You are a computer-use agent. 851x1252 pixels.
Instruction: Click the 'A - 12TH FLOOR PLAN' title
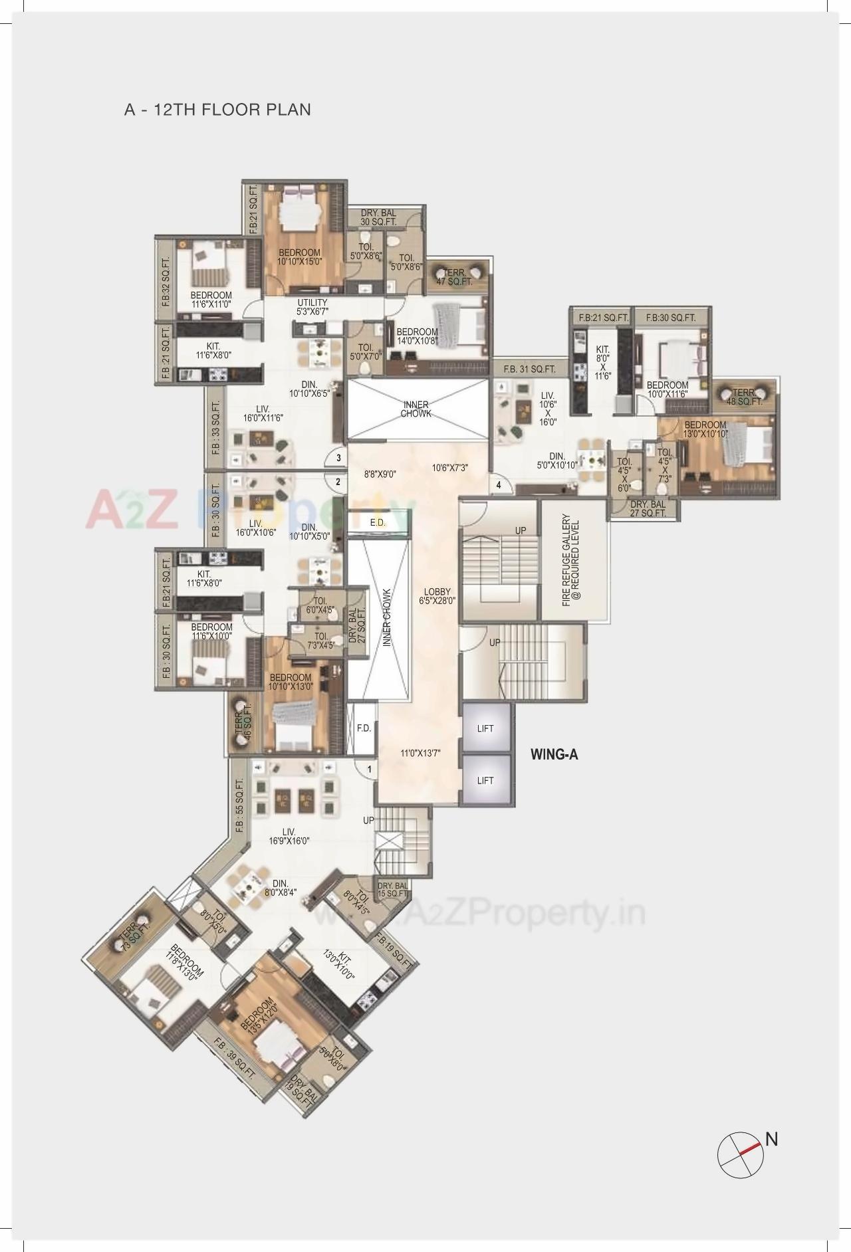[217, 109]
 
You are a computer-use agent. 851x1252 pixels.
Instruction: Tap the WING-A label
[554, 754]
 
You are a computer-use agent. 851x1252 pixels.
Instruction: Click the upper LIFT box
[486, 728]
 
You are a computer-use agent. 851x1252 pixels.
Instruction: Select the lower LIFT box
[486, 780]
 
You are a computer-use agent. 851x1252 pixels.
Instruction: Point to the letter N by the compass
[771, 1138]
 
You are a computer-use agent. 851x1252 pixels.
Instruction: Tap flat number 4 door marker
[499, 484]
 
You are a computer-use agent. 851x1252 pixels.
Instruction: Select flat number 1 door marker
[368, 769]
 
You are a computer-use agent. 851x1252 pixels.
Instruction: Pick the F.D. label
[364, 728]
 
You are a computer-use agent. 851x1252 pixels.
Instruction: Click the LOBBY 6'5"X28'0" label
[437, 596]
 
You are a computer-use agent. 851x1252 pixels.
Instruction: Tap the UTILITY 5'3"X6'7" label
[312, 307]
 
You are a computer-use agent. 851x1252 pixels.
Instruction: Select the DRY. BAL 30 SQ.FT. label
[379, 217]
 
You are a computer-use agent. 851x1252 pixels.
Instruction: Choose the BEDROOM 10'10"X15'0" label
[300, 257]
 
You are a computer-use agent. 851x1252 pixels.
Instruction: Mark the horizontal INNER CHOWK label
[416, 409]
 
